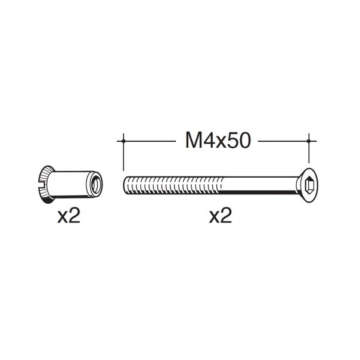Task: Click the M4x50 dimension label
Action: [218, 141]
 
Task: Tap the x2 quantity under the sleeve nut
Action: [69, 216]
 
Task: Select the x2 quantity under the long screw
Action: [221, 216]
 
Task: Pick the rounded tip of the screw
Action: [125, 185]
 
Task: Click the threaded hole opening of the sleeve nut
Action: [96, 184]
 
